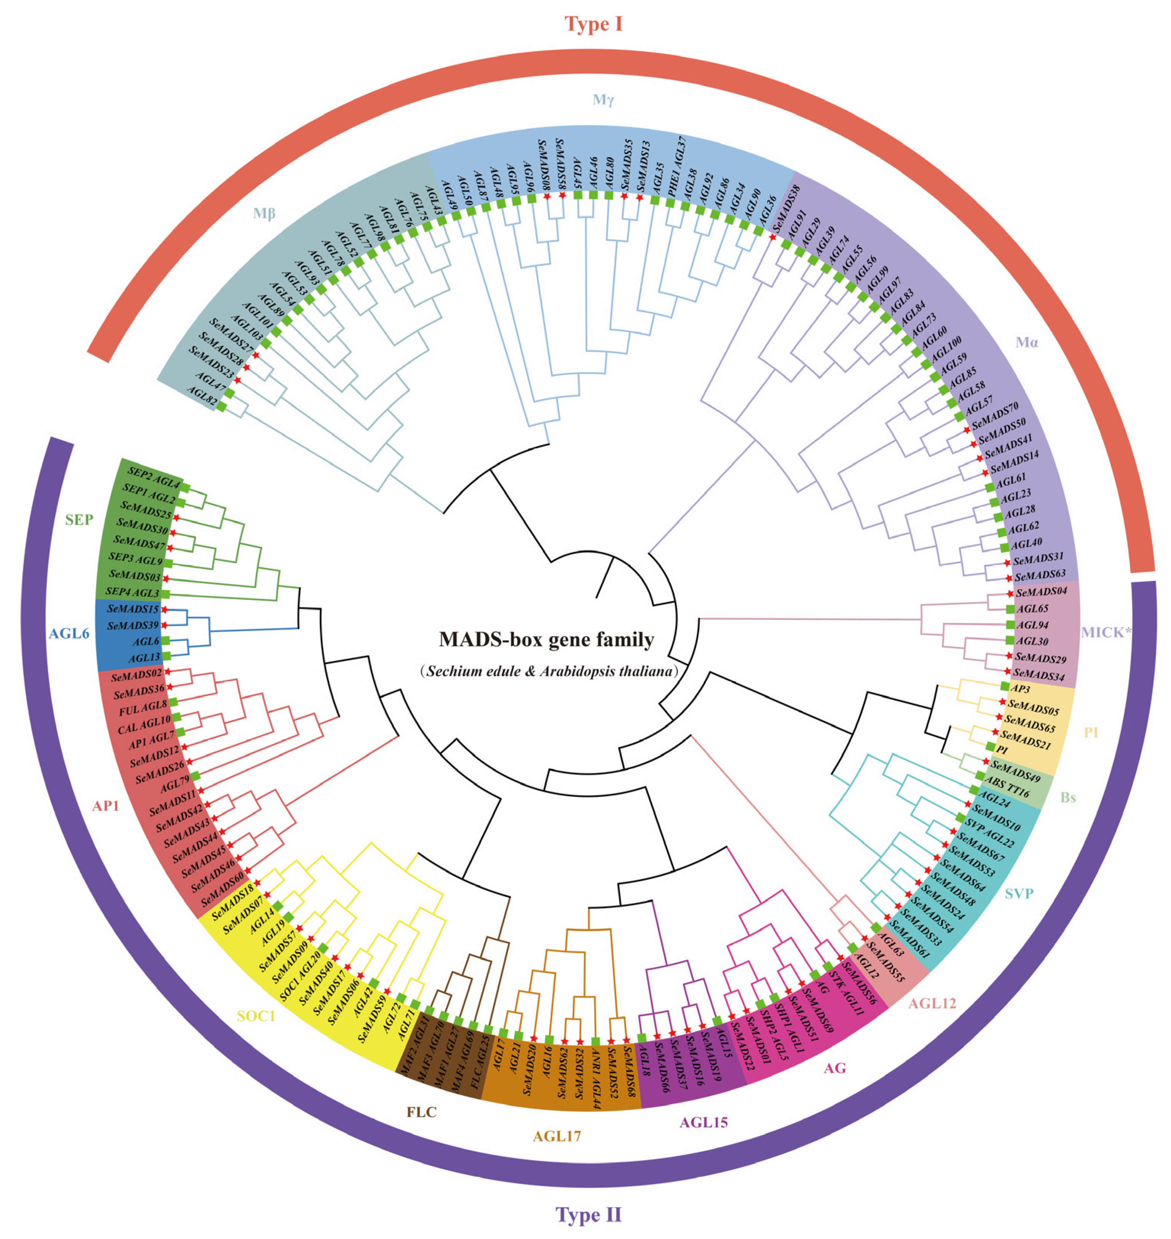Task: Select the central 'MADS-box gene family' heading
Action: point(546,640)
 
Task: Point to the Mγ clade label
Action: point(603,100)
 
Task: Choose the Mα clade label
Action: point(1027,342)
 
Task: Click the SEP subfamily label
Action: point(79,519)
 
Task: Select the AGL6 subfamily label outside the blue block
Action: point(69,634)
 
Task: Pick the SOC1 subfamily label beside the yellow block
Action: point(256,1016)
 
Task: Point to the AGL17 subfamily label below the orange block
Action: point(557,1136)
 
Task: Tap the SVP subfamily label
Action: point(1019,894)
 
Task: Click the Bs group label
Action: point(1068,798)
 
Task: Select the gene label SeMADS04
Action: point(1042,591)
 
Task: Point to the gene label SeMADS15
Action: point(133,608)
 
